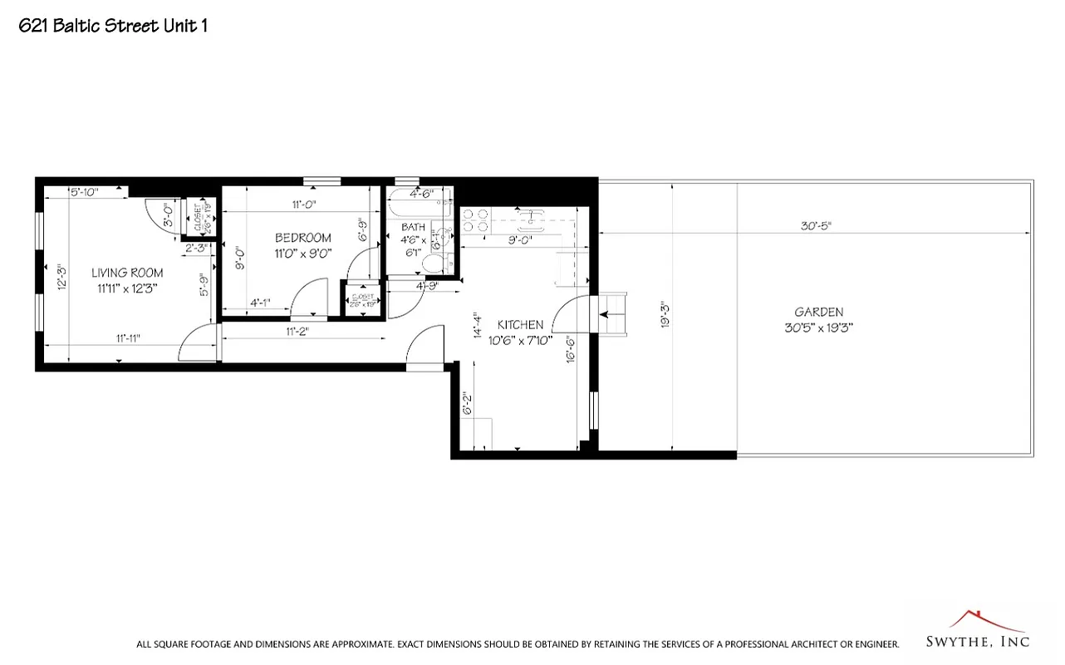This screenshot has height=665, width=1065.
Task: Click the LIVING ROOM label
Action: pos(126,273)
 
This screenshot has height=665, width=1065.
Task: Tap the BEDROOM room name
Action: pos(303,238)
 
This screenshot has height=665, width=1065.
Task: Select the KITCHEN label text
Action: pos(520,324)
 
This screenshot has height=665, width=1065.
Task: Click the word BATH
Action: pos(413,227)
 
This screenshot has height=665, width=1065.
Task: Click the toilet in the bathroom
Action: pos(433,264)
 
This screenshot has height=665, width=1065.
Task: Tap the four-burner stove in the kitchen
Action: pos(475,219)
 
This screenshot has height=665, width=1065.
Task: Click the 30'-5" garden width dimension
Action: pos(815,224)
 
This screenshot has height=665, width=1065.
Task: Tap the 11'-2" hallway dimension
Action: pos(297,331)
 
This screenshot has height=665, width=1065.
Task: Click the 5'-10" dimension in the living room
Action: pos(84,192)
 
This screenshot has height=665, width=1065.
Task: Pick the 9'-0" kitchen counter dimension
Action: pos(520,241)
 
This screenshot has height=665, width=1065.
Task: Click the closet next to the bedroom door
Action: pos(361,300)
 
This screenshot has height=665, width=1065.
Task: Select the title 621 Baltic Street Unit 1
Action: pos(113,26)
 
